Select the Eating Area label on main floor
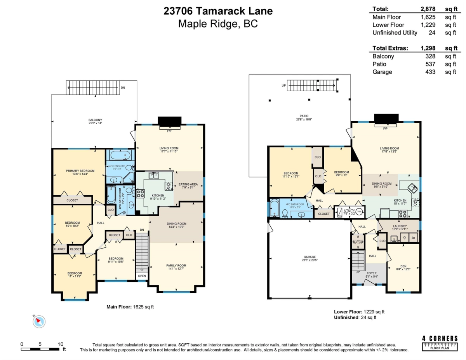coord(188,184)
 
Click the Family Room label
coord(177,266)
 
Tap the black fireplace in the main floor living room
coord(169,122)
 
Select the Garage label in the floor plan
coord(309,257)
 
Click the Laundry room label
coord(400,226)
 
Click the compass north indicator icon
coord(39,321)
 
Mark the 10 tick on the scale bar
coord(61,344)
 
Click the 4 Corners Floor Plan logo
coord(440,343)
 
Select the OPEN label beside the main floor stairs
coord(142,277)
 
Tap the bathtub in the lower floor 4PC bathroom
coord(275,209)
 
